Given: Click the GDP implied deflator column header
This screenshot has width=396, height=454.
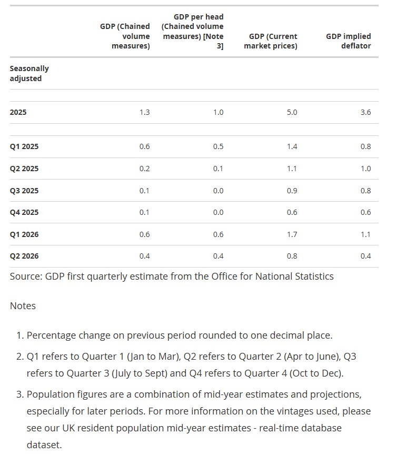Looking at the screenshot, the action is click(x=348, y=41).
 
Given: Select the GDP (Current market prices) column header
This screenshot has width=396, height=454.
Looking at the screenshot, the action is click(x=271, y=41).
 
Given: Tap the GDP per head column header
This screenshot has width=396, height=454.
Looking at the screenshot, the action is click(x=193, y=31).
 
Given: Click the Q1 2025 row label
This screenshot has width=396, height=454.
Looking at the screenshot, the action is click(x=24, y=146).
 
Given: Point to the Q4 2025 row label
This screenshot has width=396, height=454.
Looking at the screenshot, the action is click(x=24, y=212).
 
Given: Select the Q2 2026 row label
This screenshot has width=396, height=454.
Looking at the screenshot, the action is click(x=24, y=256).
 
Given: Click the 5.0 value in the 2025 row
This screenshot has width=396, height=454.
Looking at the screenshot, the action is click(x=292, y=112).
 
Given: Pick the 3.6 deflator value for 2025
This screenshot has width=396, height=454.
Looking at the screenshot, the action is click(x=365, y=112).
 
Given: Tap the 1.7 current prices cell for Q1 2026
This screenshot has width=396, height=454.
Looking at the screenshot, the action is click(x=292, y=234).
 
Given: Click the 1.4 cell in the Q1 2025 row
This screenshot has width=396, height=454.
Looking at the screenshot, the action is click(x=292, y=146).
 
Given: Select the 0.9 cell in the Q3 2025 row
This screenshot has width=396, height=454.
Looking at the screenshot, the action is click(x=292, y=191).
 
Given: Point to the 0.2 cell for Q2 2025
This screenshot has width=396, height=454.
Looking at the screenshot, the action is click(x=144, y=169).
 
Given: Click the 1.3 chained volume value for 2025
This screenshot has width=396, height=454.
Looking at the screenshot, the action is click(x=144, y=112).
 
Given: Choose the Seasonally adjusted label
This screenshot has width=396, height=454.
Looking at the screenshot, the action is click(x=29, y=74).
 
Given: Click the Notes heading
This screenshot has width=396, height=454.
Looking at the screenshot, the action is click(x=23, y=306).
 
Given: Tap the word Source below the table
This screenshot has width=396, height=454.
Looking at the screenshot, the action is click(x=26, y=277).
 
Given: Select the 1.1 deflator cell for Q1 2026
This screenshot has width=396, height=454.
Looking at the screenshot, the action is click(x=365, y=234).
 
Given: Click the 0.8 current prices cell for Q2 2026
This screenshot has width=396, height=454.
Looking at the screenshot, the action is click(x=292, y=256).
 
